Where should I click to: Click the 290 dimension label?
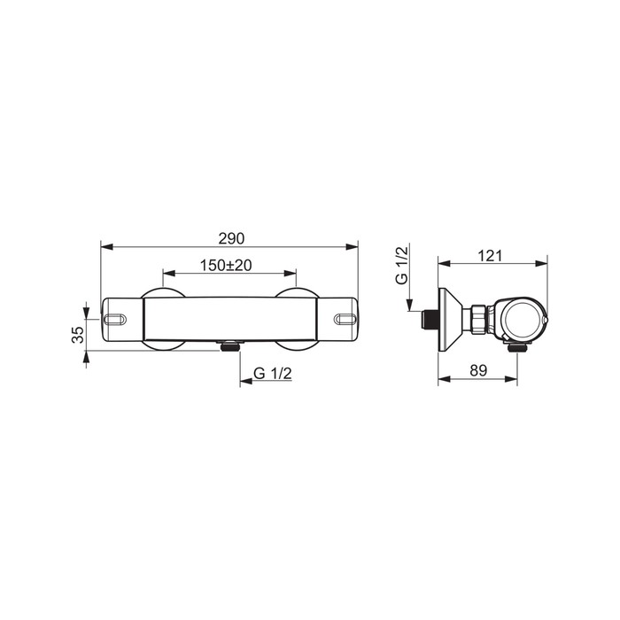231,238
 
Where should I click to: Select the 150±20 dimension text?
226,266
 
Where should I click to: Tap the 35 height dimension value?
78,335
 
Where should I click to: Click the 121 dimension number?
490,256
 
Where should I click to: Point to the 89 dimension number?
478,370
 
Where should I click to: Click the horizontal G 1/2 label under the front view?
273,373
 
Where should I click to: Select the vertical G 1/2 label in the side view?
402,265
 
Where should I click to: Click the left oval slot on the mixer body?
115,319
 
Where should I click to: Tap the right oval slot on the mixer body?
345,319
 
